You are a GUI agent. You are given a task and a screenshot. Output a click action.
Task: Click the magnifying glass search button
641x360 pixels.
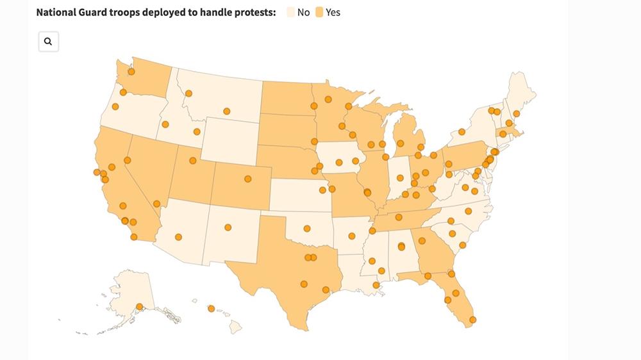[x=48, y=42]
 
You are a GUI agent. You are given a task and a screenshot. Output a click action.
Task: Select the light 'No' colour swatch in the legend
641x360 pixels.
[x=289, y=12]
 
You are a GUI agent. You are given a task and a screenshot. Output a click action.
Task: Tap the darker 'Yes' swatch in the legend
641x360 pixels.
[x=319, y=12]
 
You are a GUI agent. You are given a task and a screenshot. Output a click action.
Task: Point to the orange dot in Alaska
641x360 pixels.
[x=140, y=307]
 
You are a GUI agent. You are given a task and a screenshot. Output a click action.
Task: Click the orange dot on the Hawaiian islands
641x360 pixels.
[x=211, y=309]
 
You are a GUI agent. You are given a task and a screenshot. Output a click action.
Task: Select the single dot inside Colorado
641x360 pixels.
[x=247, y=179]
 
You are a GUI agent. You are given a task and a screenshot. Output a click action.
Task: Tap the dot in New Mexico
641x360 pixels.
[x=227, y=227]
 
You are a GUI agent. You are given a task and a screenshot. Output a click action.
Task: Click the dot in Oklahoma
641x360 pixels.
[x=307, y=227]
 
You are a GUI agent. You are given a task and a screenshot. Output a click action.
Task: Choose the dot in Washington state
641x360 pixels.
[x=131, y=72]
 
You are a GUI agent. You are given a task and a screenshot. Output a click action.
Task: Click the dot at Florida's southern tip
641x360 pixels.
[x=472, y=320]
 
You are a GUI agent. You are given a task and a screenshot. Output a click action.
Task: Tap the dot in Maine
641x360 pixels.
[x=517, y=113]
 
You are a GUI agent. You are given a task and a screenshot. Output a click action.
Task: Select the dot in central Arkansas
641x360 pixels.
[x=352, y=235]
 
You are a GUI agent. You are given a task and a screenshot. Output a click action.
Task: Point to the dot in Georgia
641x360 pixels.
[x=422, y=241]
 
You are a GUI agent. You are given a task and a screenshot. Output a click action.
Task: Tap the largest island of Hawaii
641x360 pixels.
[x=236, y=327]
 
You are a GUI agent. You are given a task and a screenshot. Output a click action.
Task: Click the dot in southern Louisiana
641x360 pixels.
[x=376, y=285]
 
